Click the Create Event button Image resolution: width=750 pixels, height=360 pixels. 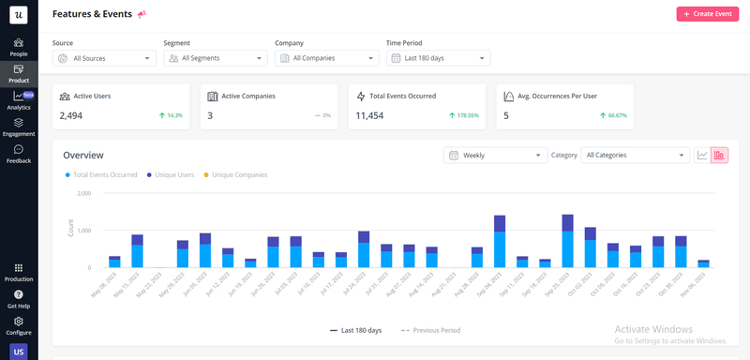pos(708,14)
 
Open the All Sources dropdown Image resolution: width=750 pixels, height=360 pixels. pos(104,58)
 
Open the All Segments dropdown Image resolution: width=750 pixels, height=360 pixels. pos(216,58)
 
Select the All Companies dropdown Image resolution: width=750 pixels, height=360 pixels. pos(326,58)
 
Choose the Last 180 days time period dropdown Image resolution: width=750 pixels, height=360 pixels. pos(438,58)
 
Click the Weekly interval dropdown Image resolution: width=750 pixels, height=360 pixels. pos(496,155)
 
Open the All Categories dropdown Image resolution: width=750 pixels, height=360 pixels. pos(636,155)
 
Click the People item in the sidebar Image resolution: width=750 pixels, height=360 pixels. pos(19,47)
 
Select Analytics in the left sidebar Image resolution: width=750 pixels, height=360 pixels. pos(19,100)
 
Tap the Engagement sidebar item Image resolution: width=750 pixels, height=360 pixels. pos(19,127)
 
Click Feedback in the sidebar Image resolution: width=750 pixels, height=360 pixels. pos(19,154)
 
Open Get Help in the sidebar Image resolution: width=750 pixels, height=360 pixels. pos(19,299)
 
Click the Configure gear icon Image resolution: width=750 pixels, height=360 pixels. pos(19,322)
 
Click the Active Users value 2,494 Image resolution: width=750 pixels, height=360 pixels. pos(71,115)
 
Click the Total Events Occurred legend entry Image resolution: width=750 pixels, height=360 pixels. pos(103,174)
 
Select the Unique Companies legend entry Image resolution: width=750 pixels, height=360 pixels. pos(239,174)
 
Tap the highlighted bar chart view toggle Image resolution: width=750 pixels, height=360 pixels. pos(719,155)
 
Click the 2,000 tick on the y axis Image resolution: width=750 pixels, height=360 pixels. pos(83,193)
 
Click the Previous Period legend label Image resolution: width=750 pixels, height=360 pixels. pos(435,330)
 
